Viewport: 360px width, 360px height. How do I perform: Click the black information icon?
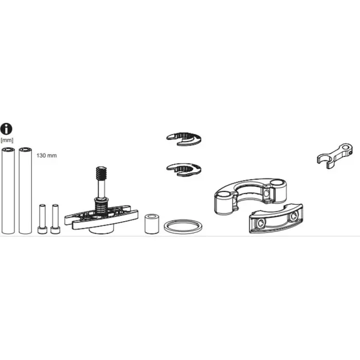(x=6, y=129)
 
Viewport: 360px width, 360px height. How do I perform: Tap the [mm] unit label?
(x=7, y=140)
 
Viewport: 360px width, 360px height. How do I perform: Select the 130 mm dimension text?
(x=47, y=155)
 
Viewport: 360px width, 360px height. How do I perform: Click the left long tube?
(x=8, y=191)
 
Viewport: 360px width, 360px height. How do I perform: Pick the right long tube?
(x=25, y=191)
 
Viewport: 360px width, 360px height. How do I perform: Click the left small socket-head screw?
(x=42, y=219)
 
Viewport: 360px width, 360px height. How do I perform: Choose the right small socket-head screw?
(x=55, y=219)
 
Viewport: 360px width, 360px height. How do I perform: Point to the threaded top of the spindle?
(x=101, y=174)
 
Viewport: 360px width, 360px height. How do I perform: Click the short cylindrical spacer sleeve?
(x=152, y=224)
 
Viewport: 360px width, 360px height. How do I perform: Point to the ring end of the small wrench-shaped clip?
(x=345, y=150)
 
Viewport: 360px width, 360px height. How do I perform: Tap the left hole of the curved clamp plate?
(x=261, y=223)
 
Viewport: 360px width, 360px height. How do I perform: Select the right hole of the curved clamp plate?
(x=293, y=216)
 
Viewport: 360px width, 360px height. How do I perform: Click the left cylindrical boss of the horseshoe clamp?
(x=224, y=202)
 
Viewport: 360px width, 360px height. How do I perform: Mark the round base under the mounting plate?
(x=101, y=230)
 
